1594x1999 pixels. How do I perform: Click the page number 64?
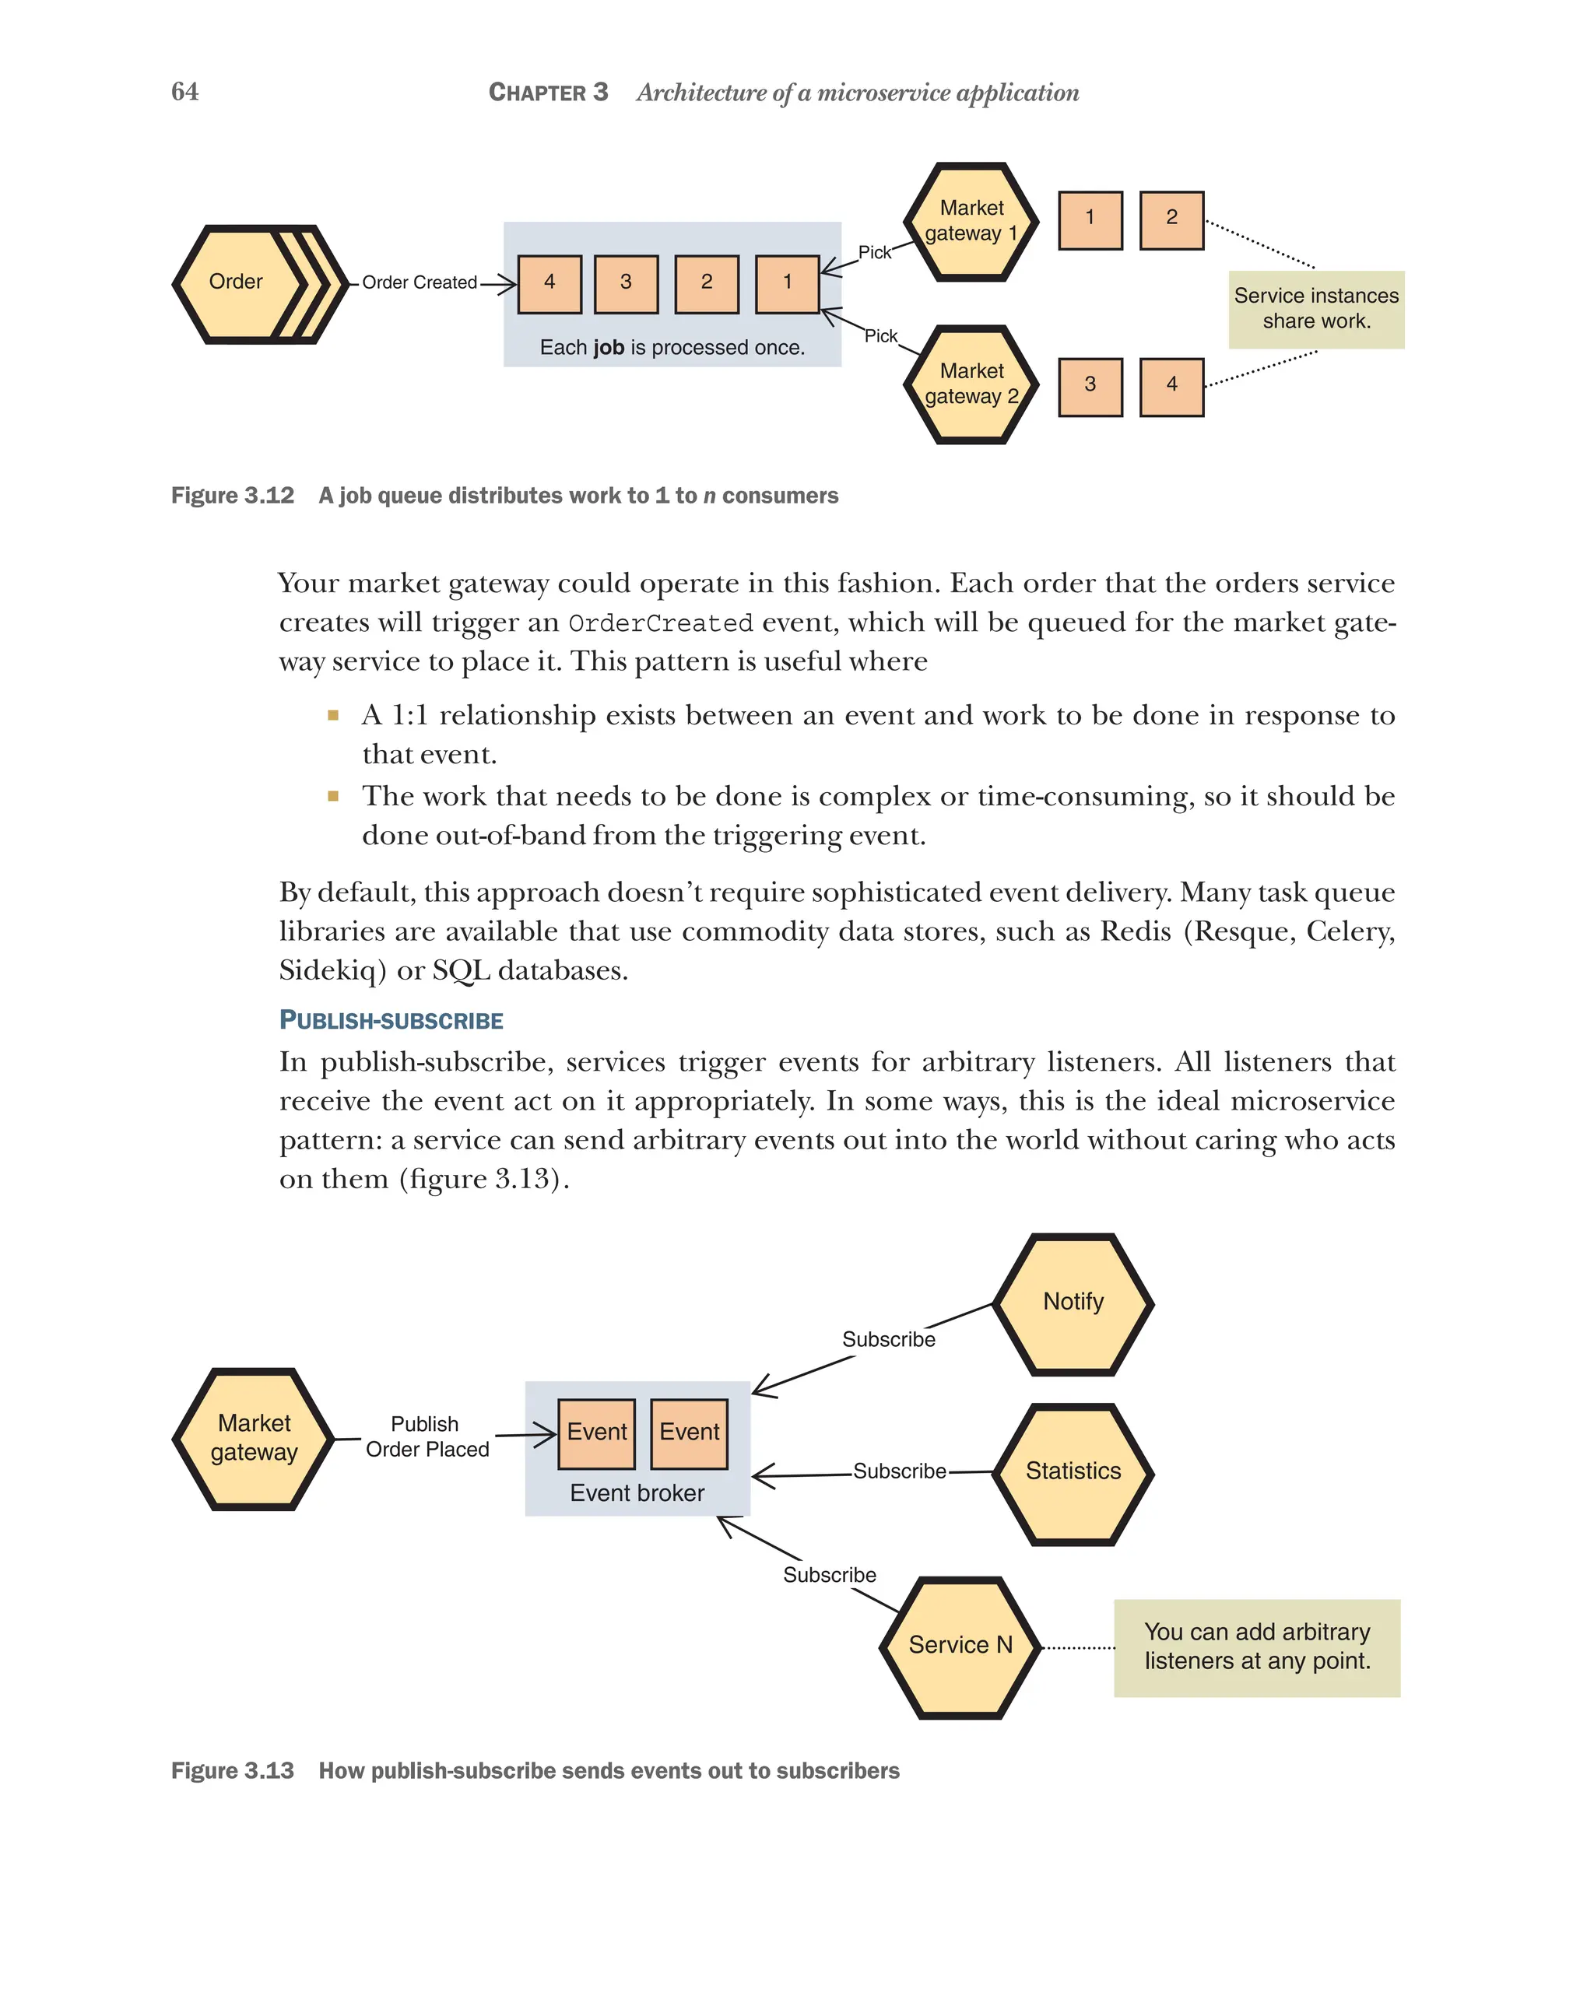click(x=184, y=91)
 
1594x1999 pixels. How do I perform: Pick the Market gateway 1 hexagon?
click(x=971, y=221)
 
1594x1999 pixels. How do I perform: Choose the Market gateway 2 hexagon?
click(x=971, y=384)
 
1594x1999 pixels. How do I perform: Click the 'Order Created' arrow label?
click(x=420, y=282)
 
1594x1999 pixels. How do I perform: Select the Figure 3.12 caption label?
click(x=233, y=495)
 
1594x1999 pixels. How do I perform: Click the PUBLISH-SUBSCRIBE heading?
click(x=391, y=1020)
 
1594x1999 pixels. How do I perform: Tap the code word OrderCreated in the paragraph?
click(x=659, y=623)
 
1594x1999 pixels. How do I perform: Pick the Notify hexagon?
click(x=1073, y=1303)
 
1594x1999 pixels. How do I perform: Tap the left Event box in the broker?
click(x=596, y=1433)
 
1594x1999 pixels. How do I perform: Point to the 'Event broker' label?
click(x=637, y=1492)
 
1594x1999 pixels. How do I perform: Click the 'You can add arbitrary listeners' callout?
click(x=1255, y=1647)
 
